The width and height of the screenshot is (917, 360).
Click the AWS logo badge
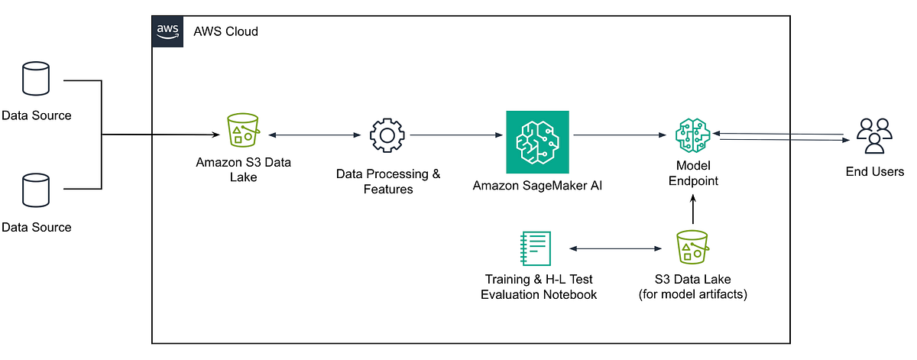(x=167, y=31)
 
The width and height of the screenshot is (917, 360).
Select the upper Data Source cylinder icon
(x=36, y=79)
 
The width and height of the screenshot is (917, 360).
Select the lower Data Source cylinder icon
(x=36, y=190)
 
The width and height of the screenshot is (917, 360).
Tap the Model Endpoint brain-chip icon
(x=693, y=137)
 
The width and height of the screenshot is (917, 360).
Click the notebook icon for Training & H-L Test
(x=535, y=249)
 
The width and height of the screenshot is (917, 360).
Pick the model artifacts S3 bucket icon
(x=693, y=249)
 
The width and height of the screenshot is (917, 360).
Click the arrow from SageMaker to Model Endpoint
(x=619, y=135)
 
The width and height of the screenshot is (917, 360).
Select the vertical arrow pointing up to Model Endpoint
(x=693, y=209)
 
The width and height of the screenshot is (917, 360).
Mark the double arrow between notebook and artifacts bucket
(x=614, y=249)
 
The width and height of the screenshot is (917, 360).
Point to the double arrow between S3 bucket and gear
(x=314, y=135)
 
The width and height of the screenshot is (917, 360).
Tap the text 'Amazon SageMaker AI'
(x=537, y=186)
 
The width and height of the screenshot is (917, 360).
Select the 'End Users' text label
(x=874, y=172)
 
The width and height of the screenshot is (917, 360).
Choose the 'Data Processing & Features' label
(x=388, y=181)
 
